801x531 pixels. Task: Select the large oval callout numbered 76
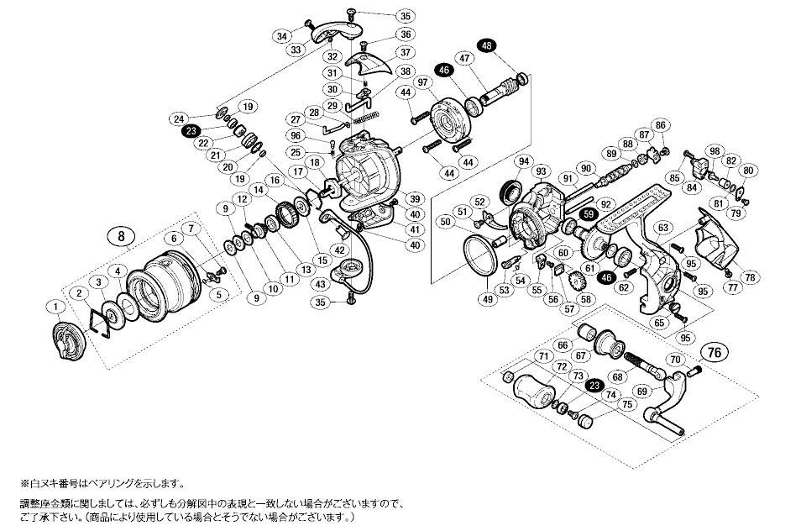click(715, 351)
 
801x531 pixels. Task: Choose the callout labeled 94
click(523, 161)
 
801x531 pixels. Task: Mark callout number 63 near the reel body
click(663, 227)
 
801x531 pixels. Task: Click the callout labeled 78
click(750, 277)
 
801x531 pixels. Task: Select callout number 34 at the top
click(280, 35)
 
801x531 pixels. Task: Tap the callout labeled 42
click(340, 250)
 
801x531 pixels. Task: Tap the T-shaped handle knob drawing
click(533, 391)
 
